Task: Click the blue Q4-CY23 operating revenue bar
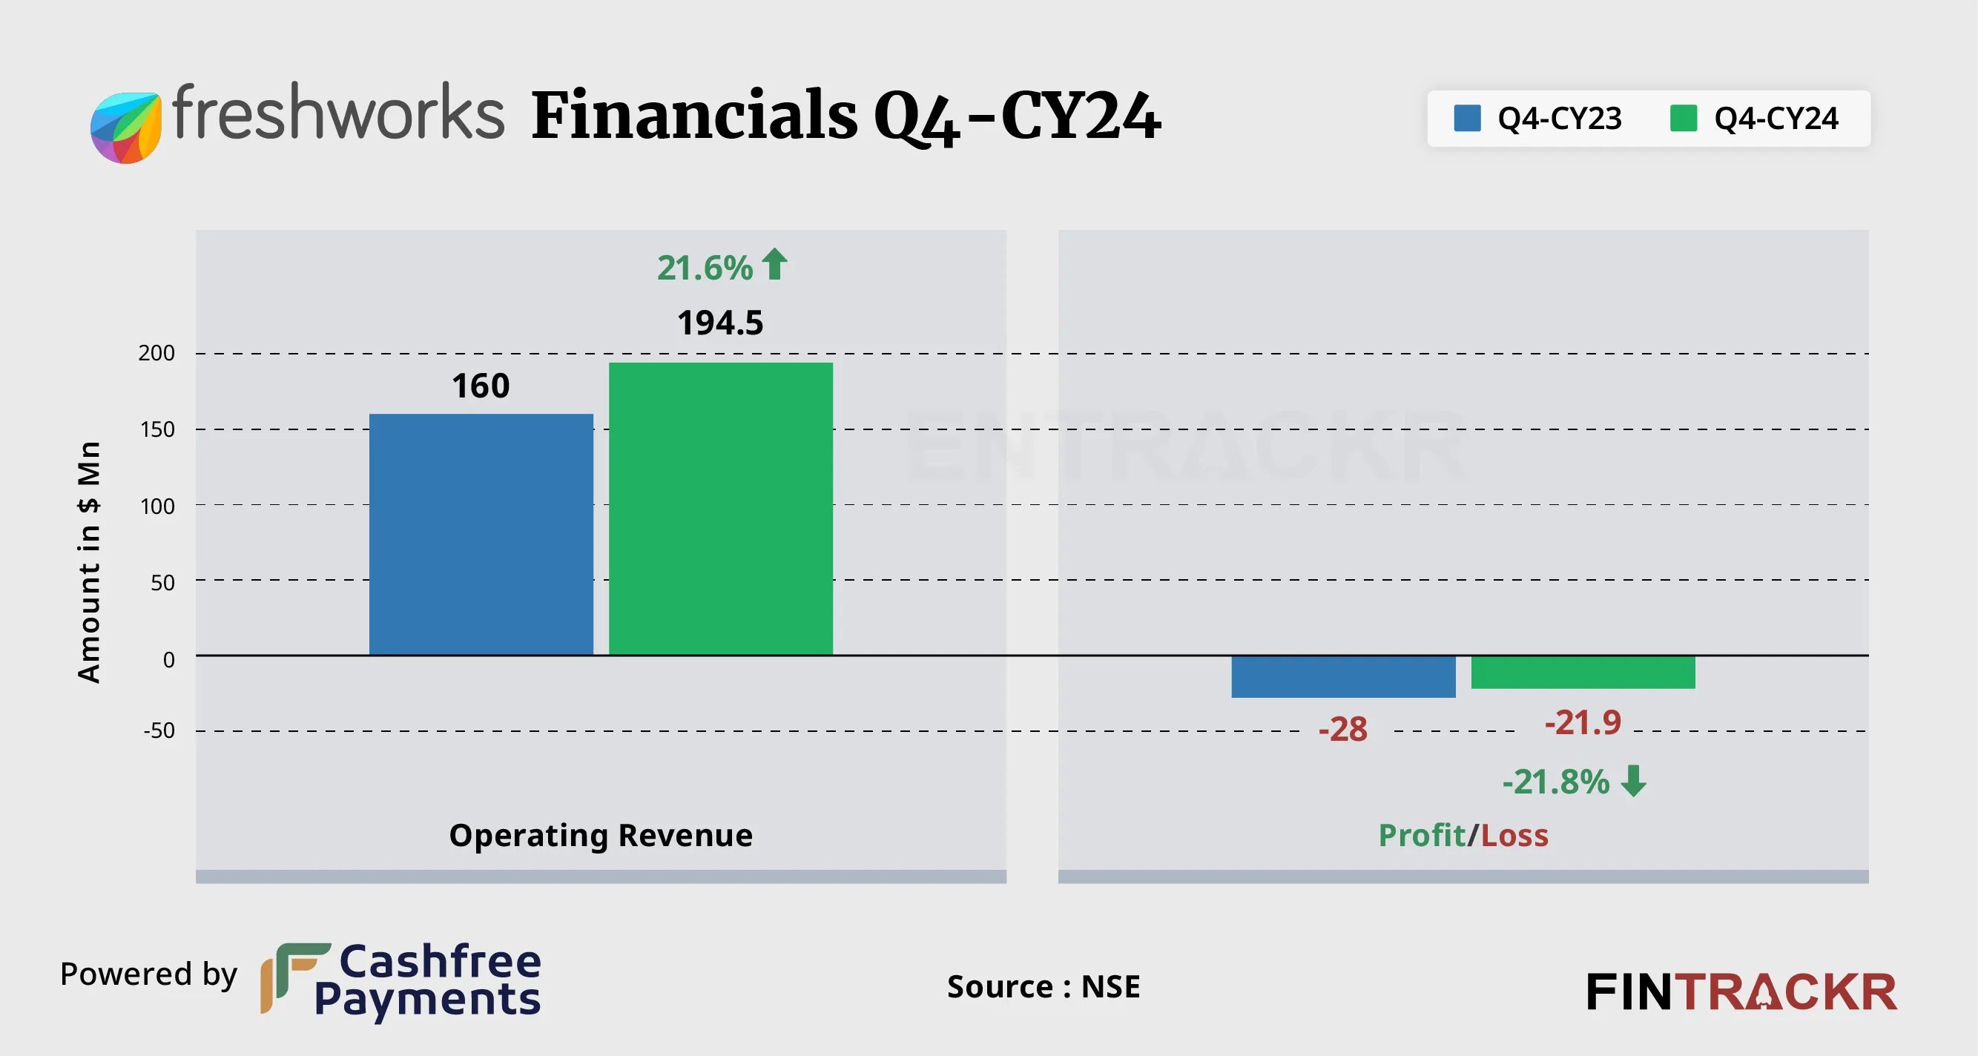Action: coord(481,535)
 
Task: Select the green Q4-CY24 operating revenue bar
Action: coord(720,509)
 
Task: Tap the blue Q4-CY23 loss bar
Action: coord(1343,676)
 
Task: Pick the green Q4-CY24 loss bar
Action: coord(1583,673)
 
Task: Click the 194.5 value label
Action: coord(719,323)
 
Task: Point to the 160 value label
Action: coord(481,386)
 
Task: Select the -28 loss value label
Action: coord(1342,730)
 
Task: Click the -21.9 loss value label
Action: coord(1583,723)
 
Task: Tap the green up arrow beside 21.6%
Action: coord(775,264)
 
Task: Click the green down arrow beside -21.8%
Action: coord(1633,781)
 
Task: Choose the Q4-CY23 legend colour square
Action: coord(1466,118)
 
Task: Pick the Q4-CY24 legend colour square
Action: coord(1682,118)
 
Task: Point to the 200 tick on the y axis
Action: coord(156,353)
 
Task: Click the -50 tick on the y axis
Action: coord(159,730)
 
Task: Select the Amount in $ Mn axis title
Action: coord(89,561)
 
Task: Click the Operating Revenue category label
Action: coord(601,836)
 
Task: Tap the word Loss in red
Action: coord(1514,836)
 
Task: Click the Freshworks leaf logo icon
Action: coord(126,128)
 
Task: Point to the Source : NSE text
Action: coord(1044,987)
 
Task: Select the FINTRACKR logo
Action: coord(1741,992)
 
